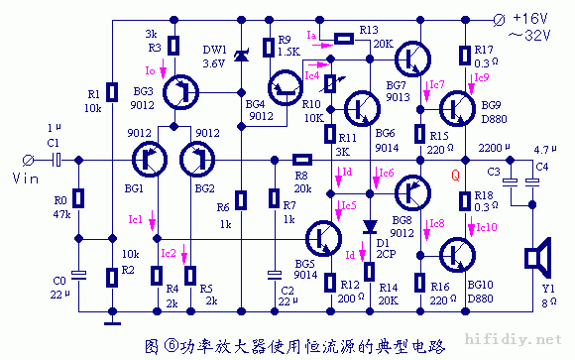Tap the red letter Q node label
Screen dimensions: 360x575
(x=456, y=177)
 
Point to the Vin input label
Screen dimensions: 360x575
(x=24, y=178)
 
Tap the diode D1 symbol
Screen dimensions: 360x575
(x=369, y=226)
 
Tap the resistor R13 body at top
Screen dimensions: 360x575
(x=343, y=39)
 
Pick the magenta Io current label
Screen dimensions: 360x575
(x=150, y=71)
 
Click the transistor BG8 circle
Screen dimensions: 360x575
(x=411, y=190)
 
